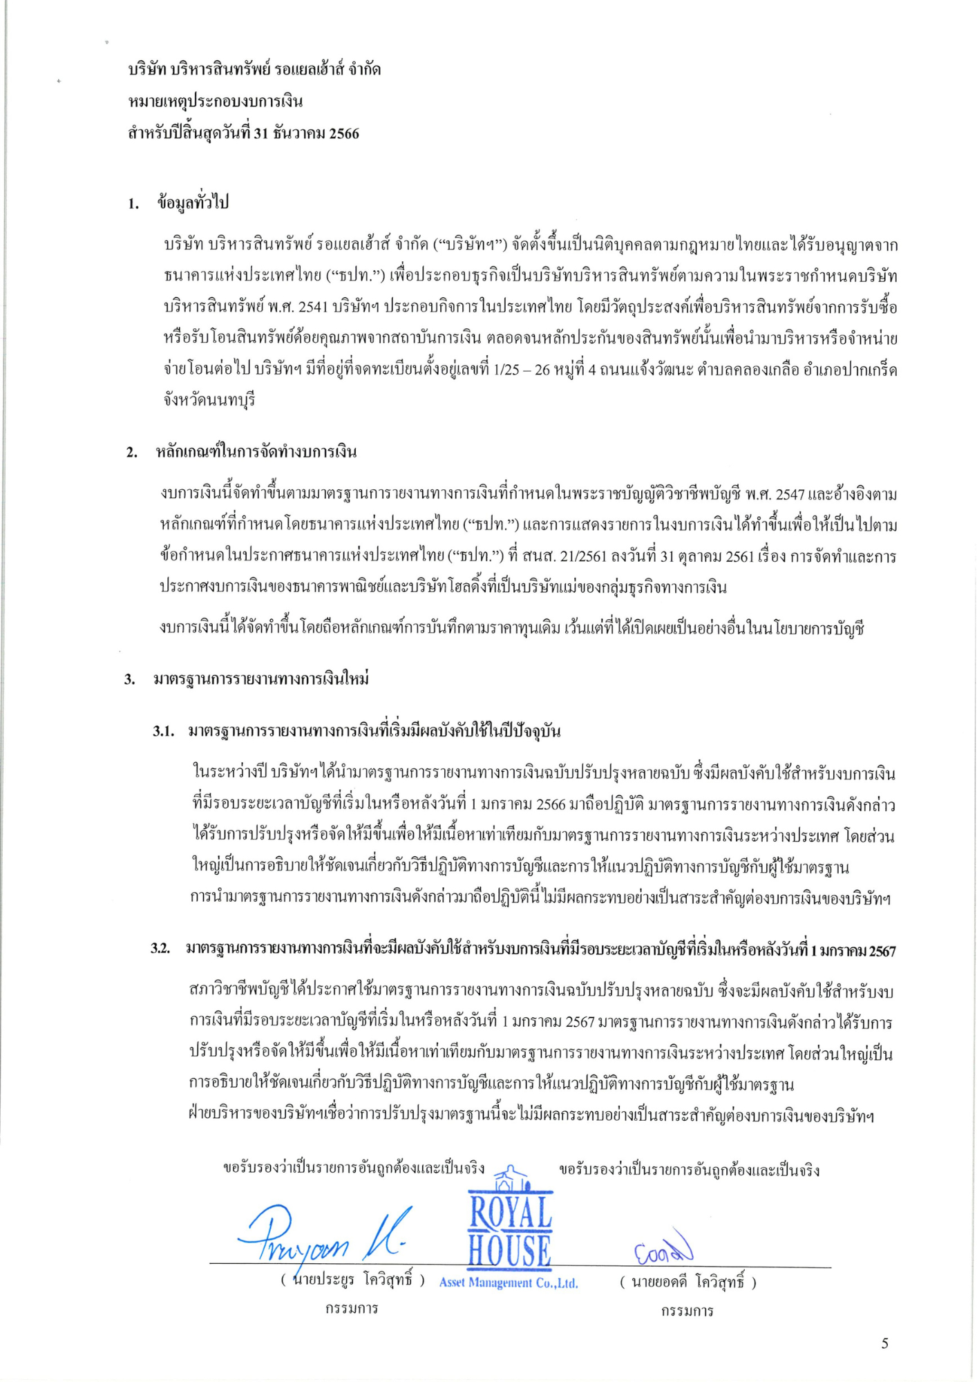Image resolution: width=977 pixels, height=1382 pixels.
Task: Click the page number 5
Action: tap(884, 1343)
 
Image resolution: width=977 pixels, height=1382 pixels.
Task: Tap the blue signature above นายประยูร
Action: tap(325, 1236)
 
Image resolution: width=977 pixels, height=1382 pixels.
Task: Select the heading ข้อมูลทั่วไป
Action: tap(193, 203)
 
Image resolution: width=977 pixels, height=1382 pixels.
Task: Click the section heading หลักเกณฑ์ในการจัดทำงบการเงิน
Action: tap(256, 453)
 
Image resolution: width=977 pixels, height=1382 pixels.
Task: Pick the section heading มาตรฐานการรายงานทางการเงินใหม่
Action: tap(260, 679)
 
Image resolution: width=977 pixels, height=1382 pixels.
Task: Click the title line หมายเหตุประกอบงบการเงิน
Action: tap(216, 102)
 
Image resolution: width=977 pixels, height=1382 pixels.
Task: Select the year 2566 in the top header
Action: tap(343, 133)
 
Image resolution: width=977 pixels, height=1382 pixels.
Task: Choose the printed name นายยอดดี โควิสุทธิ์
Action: tap(687, 1282)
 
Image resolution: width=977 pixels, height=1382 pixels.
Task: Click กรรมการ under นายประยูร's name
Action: tap(352, 1309)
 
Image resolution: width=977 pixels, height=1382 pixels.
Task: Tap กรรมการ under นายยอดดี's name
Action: tap(687, 1311)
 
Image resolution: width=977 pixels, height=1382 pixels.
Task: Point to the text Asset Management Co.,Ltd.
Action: tap(509, 1283)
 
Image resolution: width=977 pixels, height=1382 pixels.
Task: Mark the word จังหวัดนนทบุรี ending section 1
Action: tap(209, 401)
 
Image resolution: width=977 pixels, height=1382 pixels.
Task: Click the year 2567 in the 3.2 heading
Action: tap(882, 952)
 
